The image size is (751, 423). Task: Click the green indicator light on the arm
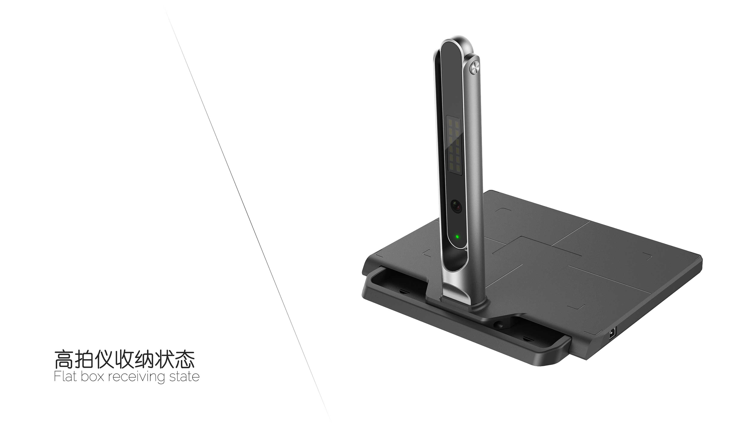point(457,236)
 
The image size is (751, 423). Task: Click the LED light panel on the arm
point(453,146)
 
